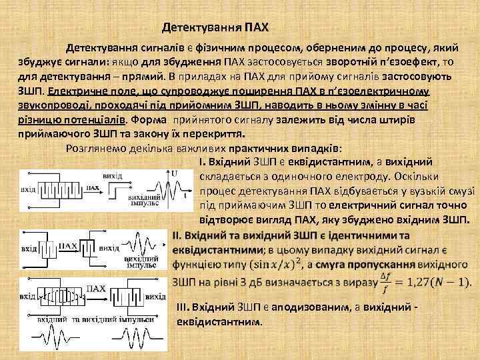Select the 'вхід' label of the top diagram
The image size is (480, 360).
click(27, 189)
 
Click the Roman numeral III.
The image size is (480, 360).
click(181, 307)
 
